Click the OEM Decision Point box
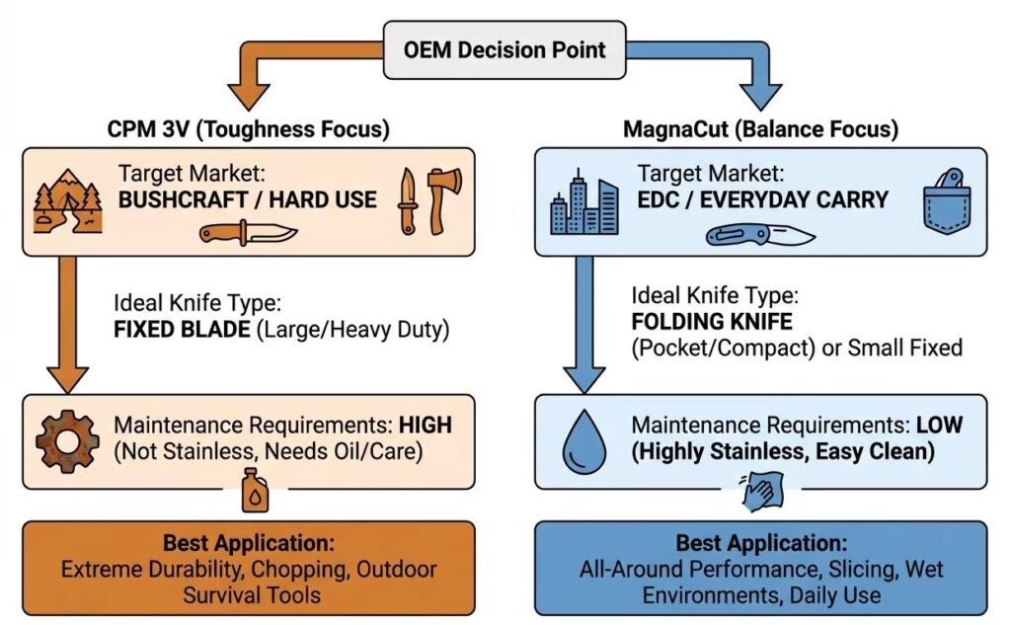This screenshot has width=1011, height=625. coord(505,49)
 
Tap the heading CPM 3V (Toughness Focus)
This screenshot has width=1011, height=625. coord(250,130)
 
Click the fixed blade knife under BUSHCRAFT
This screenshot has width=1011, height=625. coord(248,233)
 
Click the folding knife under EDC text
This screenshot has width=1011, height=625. coord(760,235)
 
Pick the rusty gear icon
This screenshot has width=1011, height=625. coord(67,440)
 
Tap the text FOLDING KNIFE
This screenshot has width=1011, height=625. coord(699,321)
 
